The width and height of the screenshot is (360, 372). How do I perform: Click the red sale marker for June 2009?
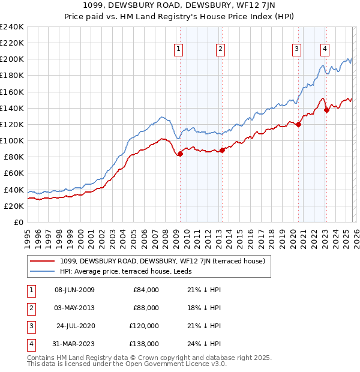tap(180, 154)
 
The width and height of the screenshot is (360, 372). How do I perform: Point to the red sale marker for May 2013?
tap(221, 150)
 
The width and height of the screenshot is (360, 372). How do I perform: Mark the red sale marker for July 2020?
tap(298, 124)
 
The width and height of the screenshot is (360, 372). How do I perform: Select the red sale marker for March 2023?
tap(326, 110)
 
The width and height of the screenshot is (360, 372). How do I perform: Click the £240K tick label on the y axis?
tap(12, 27)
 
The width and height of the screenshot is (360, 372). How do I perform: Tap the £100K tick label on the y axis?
tap(12, 140)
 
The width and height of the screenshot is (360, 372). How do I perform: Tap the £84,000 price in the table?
tap(146, 290)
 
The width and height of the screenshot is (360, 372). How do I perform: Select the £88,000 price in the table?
tap(146, 308)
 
